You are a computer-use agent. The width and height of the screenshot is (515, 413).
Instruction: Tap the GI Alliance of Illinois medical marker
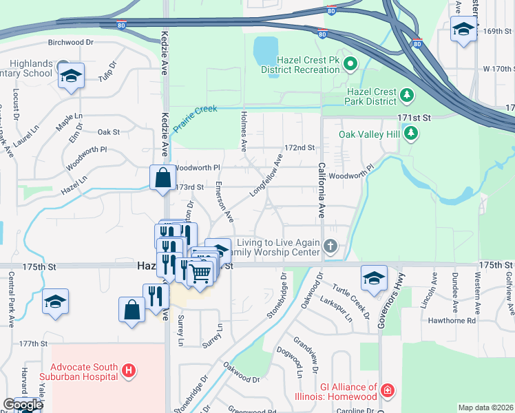(388, 391)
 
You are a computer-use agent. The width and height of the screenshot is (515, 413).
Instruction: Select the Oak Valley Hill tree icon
(411, 132)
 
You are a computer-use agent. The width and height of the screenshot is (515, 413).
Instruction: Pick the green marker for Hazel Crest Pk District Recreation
(350, 65)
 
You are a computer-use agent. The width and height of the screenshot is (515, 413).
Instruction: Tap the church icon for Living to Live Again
(330, 246)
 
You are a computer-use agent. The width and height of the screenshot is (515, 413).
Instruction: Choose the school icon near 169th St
(464, 30)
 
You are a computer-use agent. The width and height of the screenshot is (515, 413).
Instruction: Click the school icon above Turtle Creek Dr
(374, 277)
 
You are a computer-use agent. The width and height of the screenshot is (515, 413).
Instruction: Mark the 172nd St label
(299, 148)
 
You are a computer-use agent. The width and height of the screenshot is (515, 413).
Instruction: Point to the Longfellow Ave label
(266, 175)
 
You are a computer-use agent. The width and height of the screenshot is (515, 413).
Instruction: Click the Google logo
(23, 405)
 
